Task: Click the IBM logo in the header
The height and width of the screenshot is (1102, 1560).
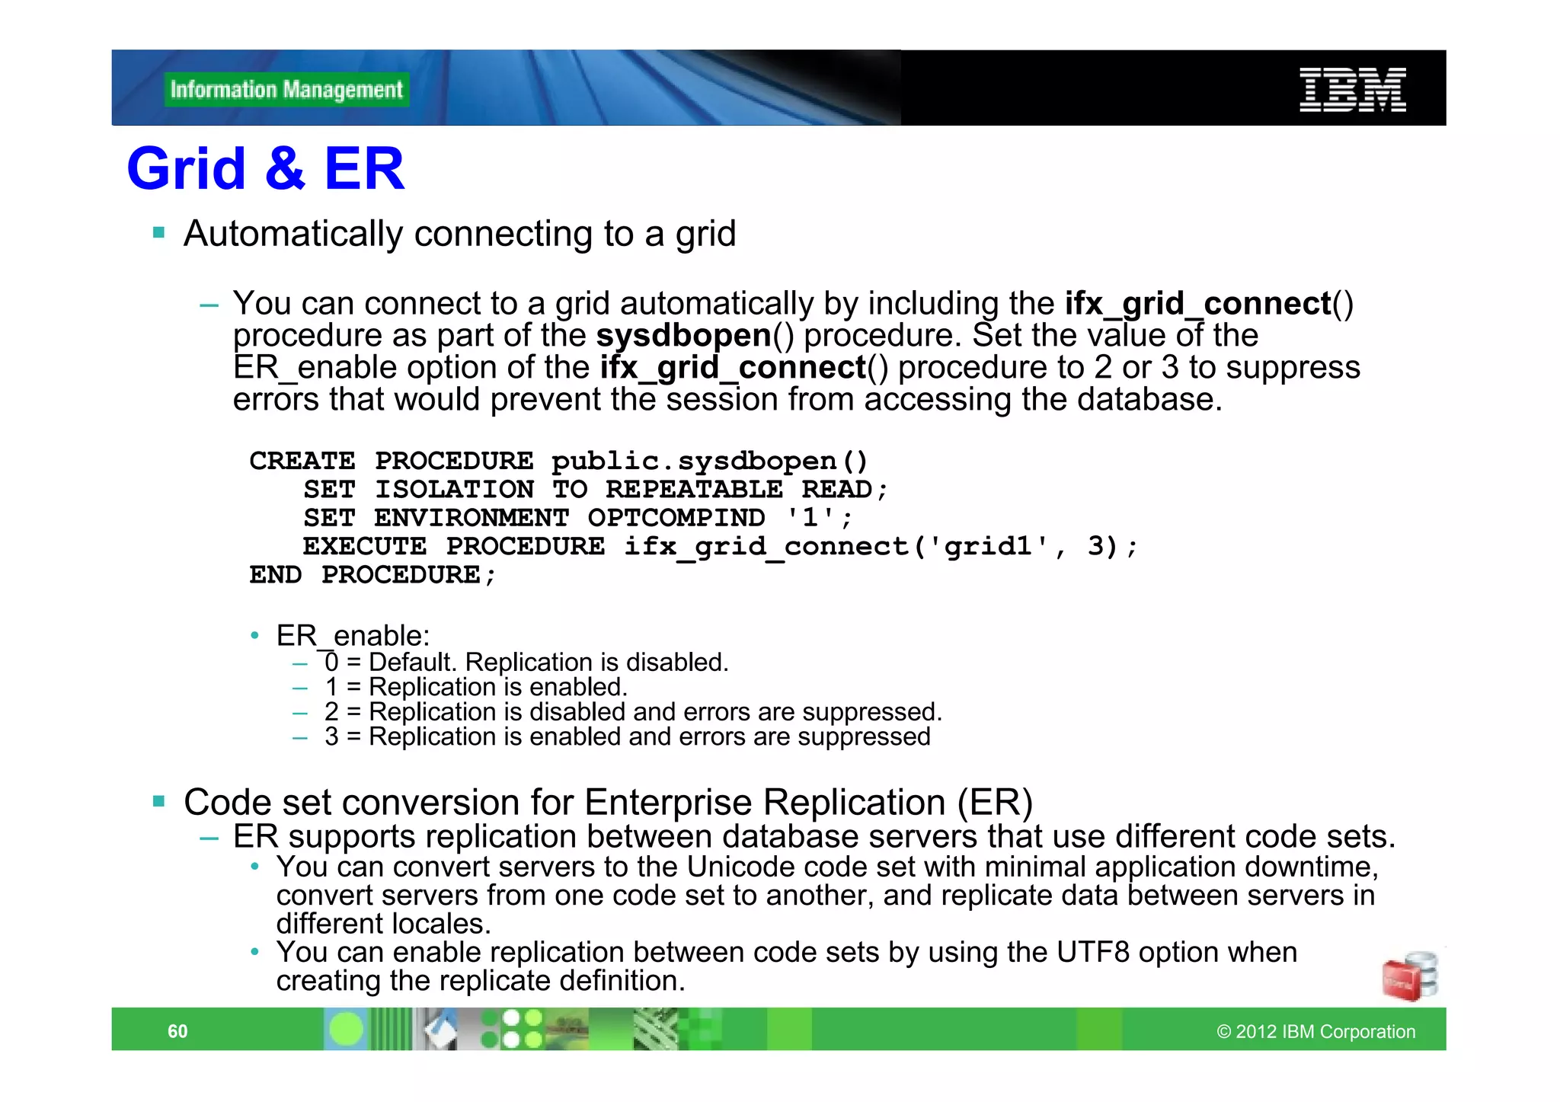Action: (1352, 90)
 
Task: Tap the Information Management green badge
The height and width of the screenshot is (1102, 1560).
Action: (286, 90)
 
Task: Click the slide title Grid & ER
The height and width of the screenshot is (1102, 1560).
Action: (265, 168)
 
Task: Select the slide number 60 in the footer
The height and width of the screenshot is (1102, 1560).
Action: (177, 1031)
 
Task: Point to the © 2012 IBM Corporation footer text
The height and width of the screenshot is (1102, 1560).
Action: (1315, 1031)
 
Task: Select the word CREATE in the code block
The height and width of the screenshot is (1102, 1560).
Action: (302, 461)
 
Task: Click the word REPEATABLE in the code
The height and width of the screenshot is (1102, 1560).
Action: (694, 490)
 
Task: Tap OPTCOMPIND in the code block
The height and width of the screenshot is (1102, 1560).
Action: (676, 518)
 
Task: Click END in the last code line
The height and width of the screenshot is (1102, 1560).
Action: (275, 575)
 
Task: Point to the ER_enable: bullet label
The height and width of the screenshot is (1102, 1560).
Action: (353, 635)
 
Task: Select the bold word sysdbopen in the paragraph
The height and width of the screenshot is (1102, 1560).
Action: (683, 336)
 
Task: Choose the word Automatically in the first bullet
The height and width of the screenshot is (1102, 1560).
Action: (292, 234)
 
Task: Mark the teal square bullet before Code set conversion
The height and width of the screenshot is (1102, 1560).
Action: (159, 800)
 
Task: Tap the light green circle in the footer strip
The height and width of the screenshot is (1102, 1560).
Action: (347, 1029)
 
